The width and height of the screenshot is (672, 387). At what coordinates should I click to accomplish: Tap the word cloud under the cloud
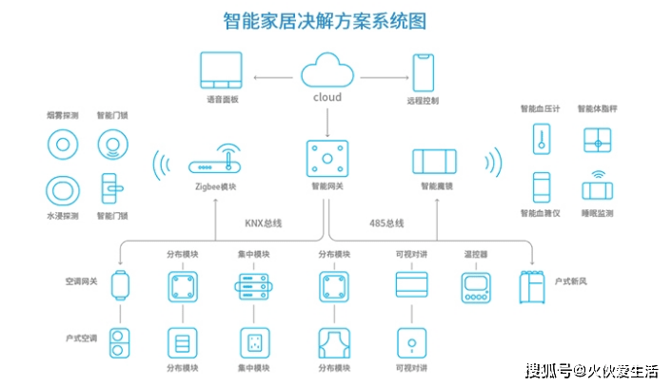327,97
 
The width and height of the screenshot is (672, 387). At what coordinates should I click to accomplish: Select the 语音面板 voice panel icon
221,70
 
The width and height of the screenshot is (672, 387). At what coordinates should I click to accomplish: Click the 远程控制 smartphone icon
423,72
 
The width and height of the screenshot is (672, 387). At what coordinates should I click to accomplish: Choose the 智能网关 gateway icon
327,159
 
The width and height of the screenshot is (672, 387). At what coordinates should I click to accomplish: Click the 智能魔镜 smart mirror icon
435,162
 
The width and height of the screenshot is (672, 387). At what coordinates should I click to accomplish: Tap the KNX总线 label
263,223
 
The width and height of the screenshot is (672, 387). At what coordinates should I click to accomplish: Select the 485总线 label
386,223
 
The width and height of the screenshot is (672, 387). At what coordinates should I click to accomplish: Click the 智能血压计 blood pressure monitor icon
542,139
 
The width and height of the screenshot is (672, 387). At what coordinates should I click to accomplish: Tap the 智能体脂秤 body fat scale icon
598,141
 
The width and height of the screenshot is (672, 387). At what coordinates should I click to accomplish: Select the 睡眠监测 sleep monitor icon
598,187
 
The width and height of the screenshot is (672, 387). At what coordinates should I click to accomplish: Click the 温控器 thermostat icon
476,288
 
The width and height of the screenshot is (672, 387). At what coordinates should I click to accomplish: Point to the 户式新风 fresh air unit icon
532,287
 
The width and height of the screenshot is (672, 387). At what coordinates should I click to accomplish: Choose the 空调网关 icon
121,285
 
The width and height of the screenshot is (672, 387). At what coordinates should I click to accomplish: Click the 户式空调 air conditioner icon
120,343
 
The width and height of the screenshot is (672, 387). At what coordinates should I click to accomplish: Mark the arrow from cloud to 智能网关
327,123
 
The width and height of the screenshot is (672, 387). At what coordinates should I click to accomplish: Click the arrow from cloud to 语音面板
273,77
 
